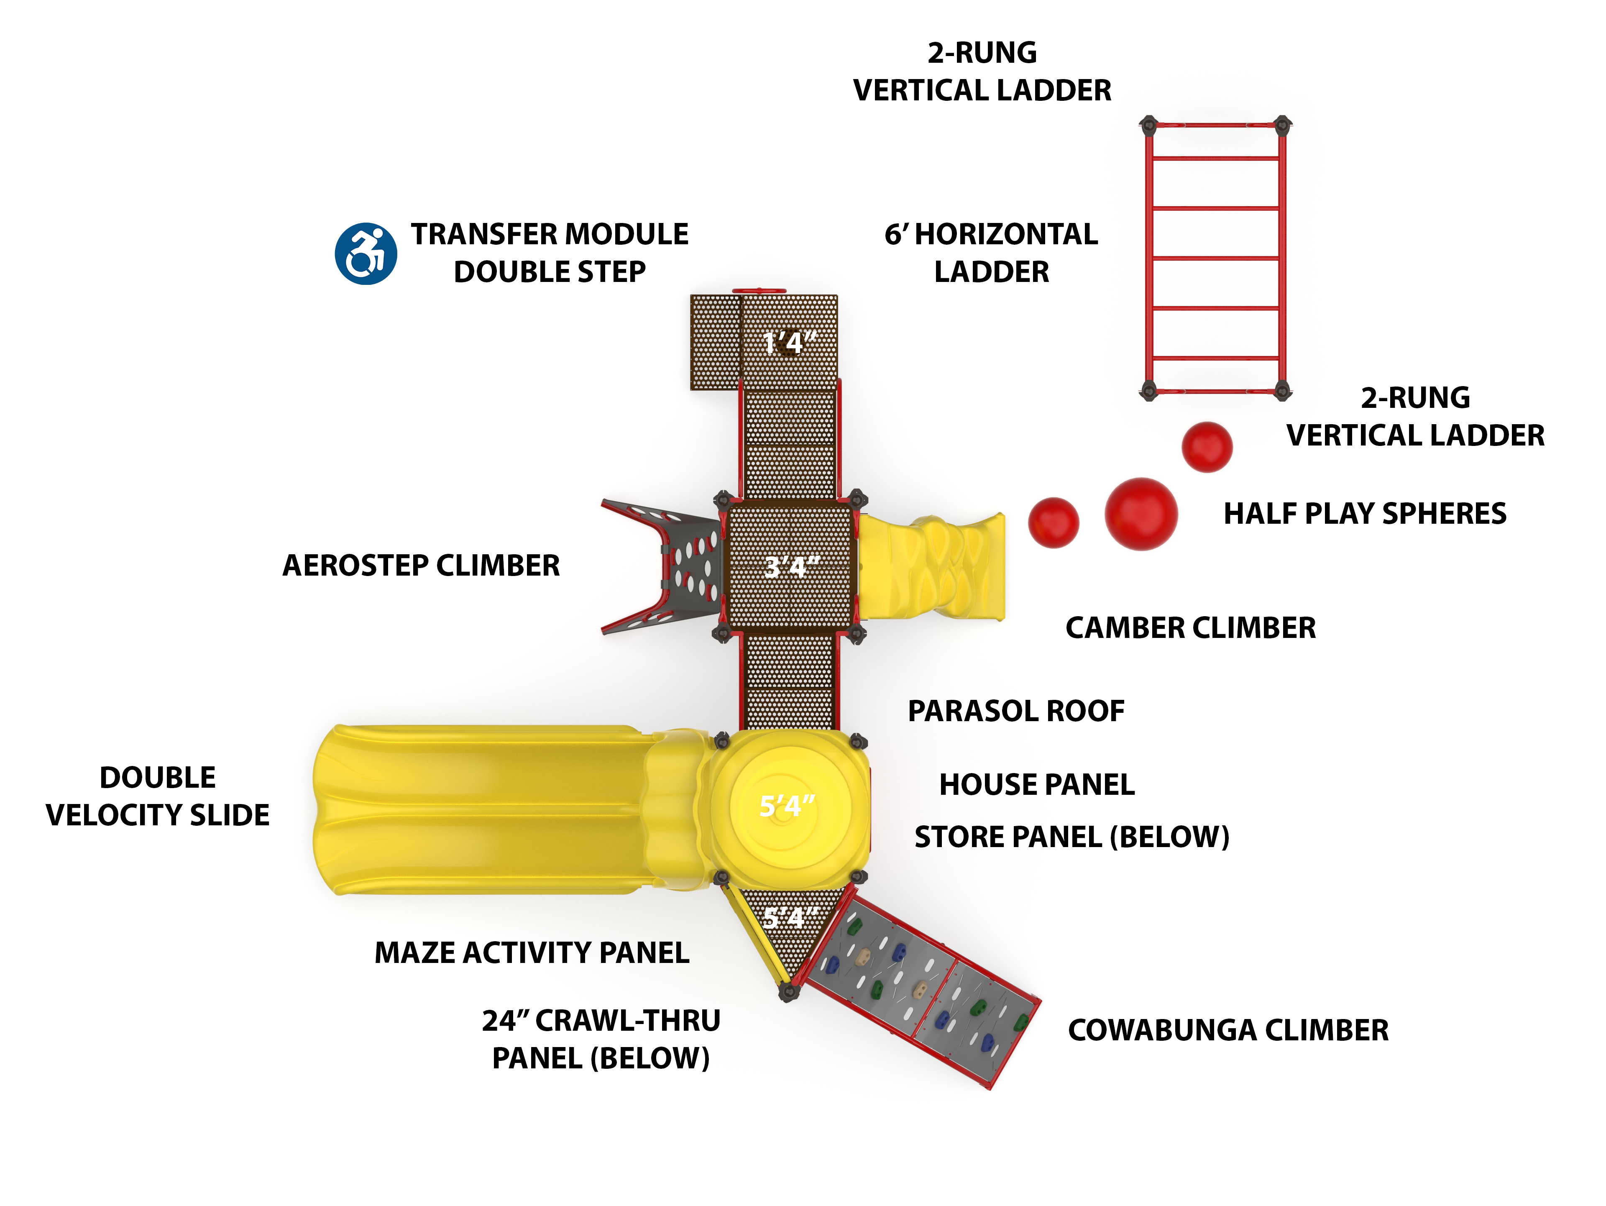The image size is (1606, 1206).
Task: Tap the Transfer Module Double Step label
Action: pyautogui.click(x=550, y=253)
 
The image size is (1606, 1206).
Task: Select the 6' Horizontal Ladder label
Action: pyautogui.click(x=991, y=253)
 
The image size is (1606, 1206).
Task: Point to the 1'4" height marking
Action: pyautogui.click(x=789, y=342)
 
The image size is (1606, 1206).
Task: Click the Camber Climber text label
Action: pyautogui.click(x=1190, y=627)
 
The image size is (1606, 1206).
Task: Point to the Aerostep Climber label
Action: pyautogui.click(x=421, y=565)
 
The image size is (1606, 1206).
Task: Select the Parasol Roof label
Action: pyautogui.click(x=1016, y=711)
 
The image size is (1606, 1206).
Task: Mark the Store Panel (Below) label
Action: pyautogui.click(x=1072, y=837)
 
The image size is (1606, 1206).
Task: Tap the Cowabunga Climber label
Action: pyautogui.click(x=1228, y=1029)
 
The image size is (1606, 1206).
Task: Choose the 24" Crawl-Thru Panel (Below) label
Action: pyautogui.click(x=601, y=1039)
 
